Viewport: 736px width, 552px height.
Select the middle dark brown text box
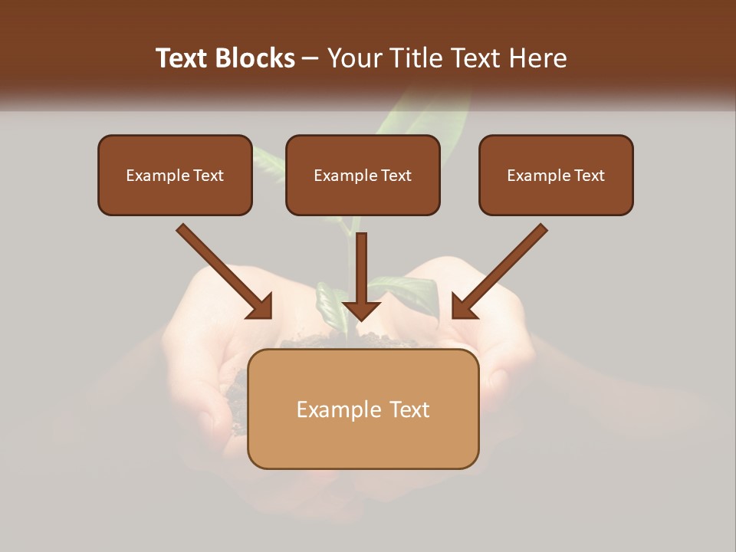[363, 198]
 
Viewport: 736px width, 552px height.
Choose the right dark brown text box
[556, 198]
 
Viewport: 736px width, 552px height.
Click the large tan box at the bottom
[363, 441]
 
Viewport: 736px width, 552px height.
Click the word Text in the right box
[590, 176]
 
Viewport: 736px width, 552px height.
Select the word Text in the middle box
[396, 176]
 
